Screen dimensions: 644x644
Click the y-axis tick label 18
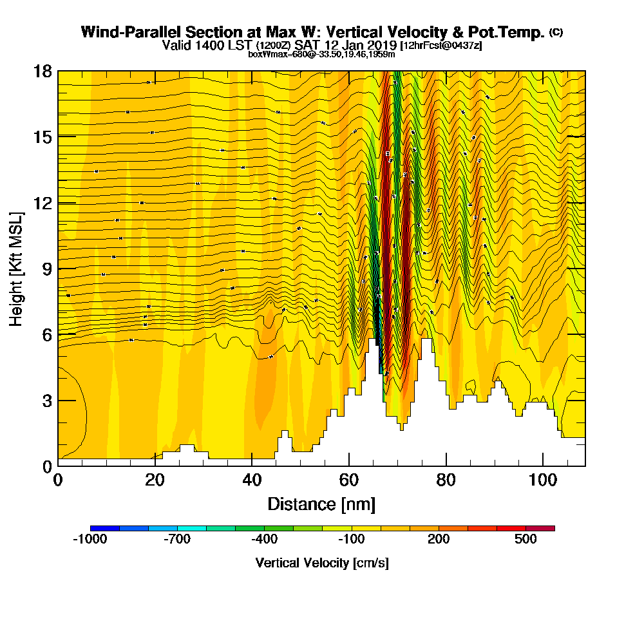click(x=43, y=71)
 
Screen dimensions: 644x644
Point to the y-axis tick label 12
click(x=43, y=202)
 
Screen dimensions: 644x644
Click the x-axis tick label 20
click(x=155, y=480)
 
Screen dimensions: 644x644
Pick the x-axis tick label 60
click(x=348, y=480)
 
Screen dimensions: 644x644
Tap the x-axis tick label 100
click(x=543, y=480)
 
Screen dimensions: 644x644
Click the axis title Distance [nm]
click(x=321, y=504)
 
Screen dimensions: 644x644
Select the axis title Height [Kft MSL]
click(x=17, y=268)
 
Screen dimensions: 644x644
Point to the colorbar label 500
click(x=526, y=540)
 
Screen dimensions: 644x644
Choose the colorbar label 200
click(x=439, y=540)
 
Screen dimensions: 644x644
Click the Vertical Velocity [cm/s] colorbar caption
click(x=322, y=563)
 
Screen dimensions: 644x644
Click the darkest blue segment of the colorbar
click(x=104, y=528)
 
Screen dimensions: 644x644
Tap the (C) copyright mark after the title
click(x=556, y=32)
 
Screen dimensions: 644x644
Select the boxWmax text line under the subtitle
click(x=321, y=54)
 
